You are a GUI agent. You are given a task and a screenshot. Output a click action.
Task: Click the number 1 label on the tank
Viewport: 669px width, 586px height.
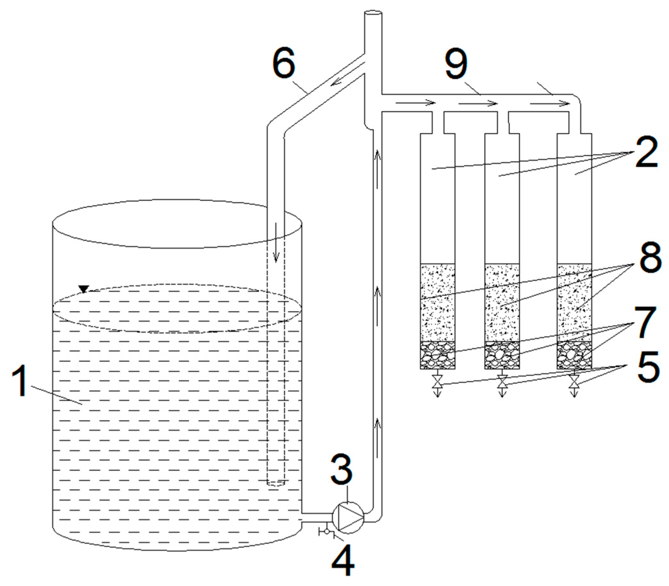pos(22,381)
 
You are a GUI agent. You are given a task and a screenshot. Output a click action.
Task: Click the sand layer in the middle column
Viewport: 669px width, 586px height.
pos(502,302)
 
